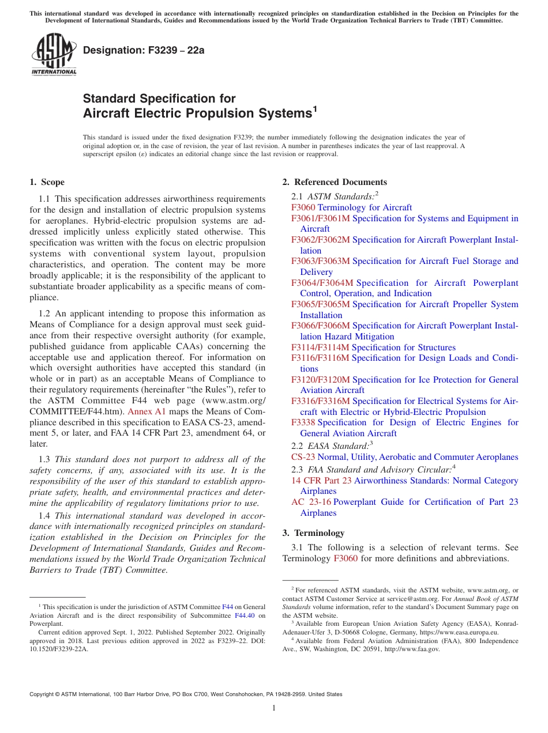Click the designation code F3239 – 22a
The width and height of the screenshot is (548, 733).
(x=144, y=50)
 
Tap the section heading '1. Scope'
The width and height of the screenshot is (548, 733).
(x=47, y=182)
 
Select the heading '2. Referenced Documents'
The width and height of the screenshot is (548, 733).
(x=334, y=182)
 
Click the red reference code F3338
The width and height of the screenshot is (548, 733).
(x=303, y=422)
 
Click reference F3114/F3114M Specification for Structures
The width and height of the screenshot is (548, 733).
(x=373, y=347)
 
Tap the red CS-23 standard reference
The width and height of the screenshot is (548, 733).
(x=303, y=457)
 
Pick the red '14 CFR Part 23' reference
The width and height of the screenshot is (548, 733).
(x=321, y=481)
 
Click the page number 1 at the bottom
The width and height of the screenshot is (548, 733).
(x=274, y=708)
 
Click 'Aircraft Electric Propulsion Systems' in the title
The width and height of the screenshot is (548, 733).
(x=197, y=114)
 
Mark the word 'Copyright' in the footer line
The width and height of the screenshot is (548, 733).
(x=44, y=694)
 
